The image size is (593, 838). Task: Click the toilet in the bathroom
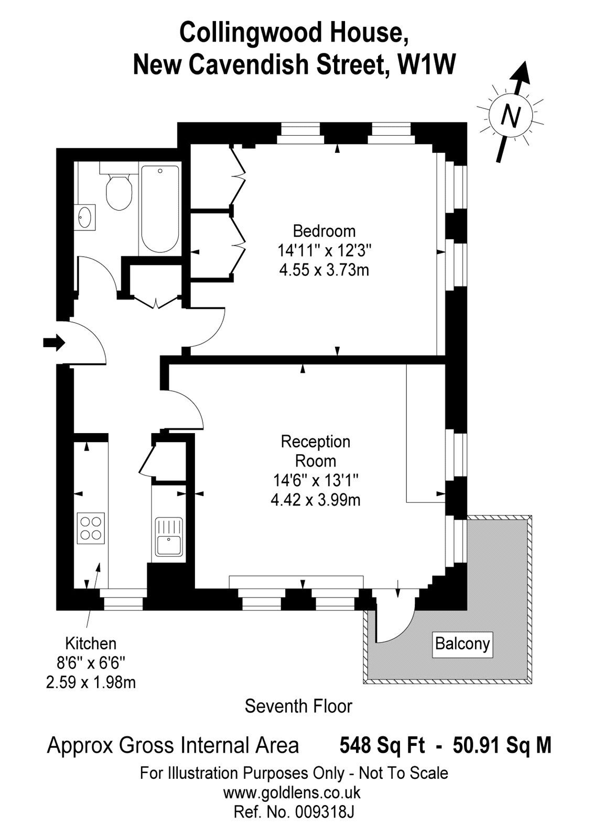118,192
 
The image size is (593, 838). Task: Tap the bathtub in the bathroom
160,210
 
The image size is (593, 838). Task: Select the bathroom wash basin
85,217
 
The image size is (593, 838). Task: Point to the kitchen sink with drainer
168,536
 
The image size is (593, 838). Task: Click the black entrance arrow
53,343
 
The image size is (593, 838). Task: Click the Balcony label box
462,643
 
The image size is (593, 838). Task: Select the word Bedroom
324,230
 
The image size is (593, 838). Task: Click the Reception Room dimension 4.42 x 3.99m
315,500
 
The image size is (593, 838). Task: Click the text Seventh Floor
298,706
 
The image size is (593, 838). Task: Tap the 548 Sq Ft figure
382,745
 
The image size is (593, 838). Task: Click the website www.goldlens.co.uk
292,792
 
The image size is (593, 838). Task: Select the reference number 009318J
324,812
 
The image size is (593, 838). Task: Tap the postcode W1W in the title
426,65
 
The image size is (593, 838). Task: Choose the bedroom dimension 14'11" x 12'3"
324,250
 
